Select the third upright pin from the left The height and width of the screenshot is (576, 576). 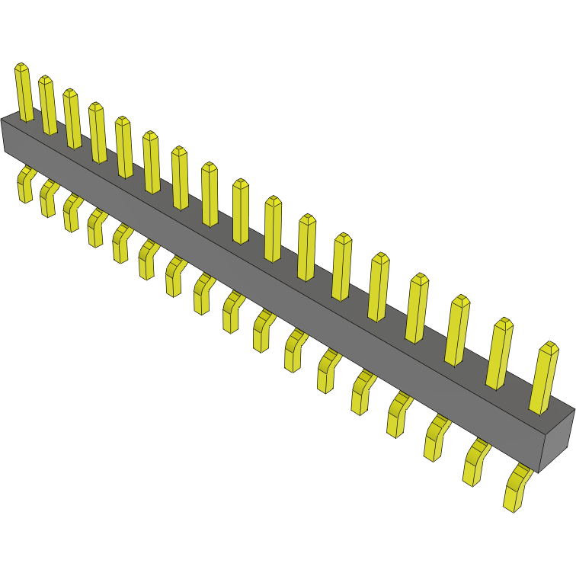tap(72, 119)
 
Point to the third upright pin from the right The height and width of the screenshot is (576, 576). tap(459, 331)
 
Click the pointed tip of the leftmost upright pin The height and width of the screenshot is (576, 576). tap(21, 66)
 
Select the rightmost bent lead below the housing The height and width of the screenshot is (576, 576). tap(517, 488)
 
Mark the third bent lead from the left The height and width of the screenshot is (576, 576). tap(71, 213)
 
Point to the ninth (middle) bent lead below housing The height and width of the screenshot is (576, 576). tap(232, 312)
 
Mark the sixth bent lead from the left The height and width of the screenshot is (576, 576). tap(147, 260)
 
